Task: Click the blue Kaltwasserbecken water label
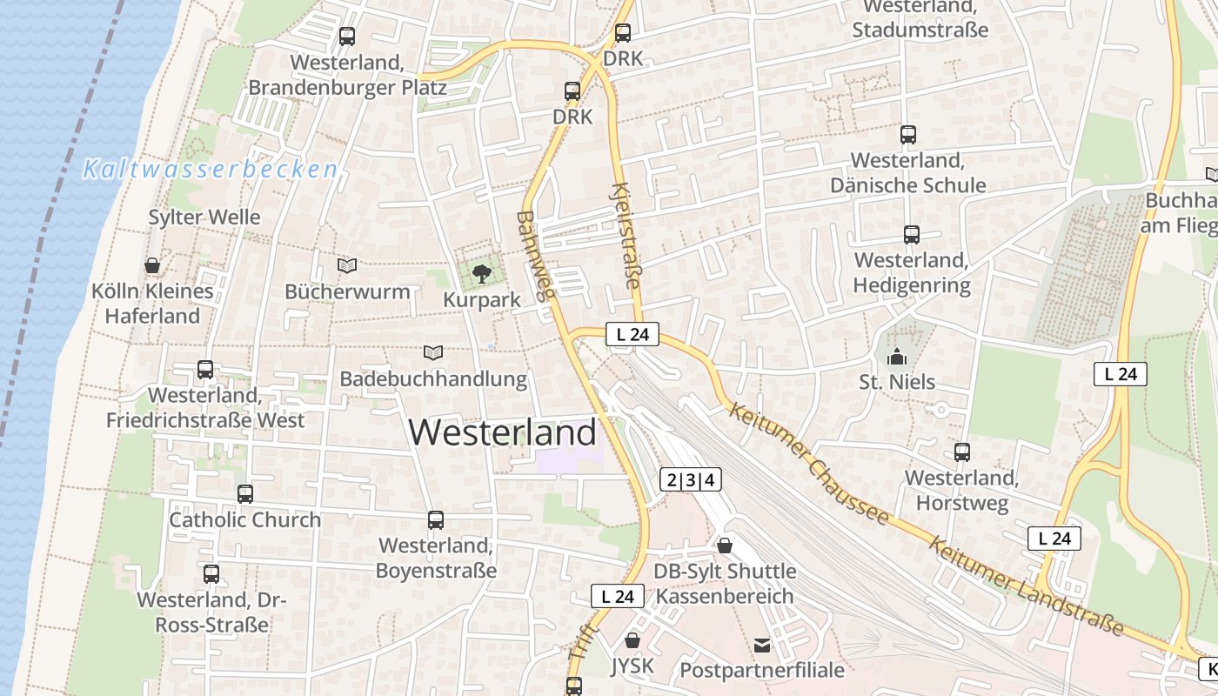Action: point(210,170)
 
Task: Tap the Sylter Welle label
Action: point(204,217)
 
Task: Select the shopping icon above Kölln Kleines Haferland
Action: point(152,265)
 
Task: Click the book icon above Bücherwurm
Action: point(347,265)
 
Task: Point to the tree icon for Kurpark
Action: point(481,275)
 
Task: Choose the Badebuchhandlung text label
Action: point(433,379)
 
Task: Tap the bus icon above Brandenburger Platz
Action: point(347,37)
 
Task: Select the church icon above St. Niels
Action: point(896,357)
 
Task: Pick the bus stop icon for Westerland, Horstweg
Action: point(961,452)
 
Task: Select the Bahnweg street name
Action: point(536,256)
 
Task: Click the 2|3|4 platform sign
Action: point(691,479)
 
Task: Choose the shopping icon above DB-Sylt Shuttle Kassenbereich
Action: point(724,545)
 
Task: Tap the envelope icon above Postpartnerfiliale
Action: point(762,645)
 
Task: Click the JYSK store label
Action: point(632,666)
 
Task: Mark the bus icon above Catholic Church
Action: point(245,494)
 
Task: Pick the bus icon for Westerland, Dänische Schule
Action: point(908,135)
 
